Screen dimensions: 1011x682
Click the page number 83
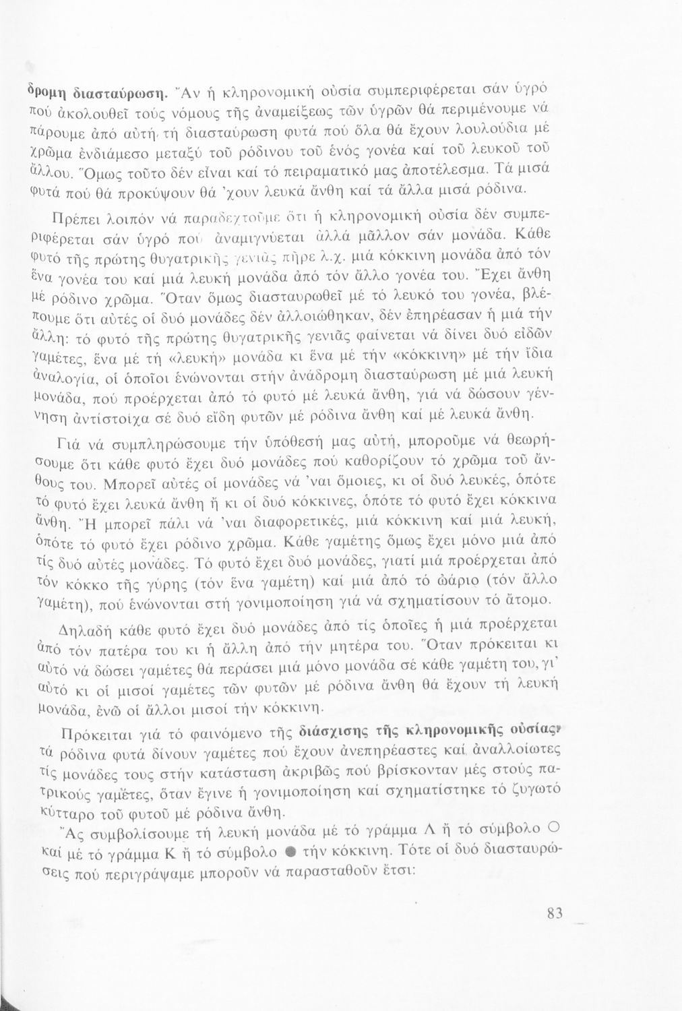pos(555,915)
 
